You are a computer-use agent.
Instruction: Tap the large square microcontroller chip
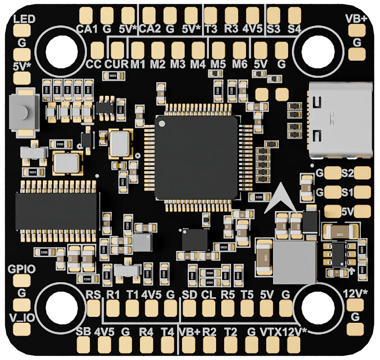196,157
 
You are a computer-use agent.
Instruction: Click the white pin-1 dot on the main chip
162,124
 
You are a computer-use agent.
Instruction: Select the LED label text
25,18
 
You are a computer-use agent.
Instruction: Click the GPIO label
21,269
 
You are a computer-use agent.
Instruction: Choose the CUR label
116,65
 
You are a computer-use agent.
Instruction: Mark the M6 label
240,65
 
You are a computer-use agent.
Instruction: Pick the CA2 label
150,29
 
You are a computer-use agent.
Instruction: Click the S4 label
294,29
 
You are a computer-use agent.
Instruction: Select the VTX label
270,332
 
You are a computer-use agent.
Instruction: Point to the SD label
190,295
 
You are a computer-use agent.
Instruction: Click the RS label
93,295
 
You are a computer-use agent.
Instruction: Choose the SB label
83,332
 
